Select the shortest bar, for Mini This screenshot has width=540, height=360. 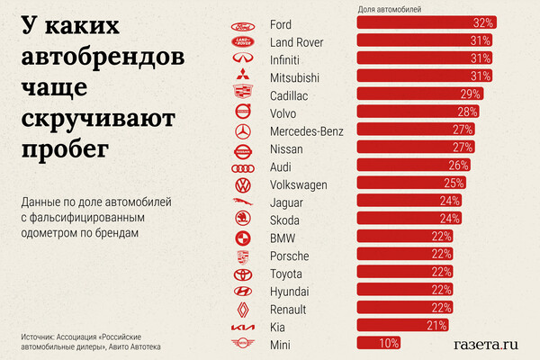(378, 344)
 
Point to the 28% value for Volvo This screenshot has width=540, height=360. (466, 112)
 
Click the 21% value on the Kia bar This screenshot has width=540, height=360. (436, 326)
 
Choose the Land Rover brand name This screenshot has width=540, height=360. (297, 41)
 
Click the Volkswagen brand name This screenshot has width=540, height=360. (299, 184)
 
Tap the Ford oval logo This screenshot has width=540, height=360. (242, 23)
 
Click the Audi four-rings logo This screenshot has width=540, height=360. (242, 166)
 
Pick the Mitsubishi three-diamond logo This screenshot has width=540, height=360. (242, 77)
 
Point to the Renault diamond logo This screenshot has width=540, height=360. (242, 309)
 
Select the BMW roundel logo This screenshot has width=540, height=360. (242, 238)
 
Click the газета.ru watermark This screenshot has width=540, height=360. (487, 342)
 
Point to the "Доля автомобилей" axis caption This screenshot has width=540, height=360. (390, 9)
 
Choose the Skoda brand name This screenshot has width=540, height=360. (286, 220)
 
